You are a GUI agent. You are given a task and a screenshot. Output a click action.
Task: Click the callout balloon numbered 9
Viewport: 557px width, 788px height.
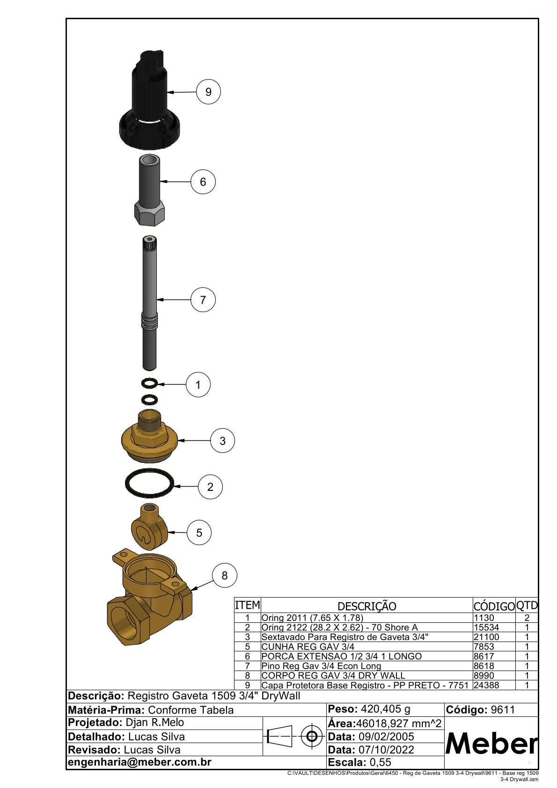pyautogui.click(x=208, y=92)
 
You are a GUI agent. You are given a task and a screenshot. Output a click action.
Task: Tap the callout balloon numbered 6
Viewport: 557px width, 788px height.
pyautogui.click(x=203, y=182)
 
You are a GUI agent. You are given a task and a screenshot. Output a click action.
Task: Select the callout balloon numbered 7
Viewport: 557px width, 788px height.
pyautogui.click(x=203, y=300)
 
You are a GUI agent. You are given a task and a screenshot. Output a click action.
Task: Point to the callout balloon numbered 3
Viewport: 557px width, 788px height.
pyautogui.click(x=222, y=440)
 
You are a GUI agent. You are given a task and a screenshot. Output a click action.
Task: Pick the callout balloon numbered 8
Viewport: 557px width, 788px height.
pyautogui.click(x=225, y=576)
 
